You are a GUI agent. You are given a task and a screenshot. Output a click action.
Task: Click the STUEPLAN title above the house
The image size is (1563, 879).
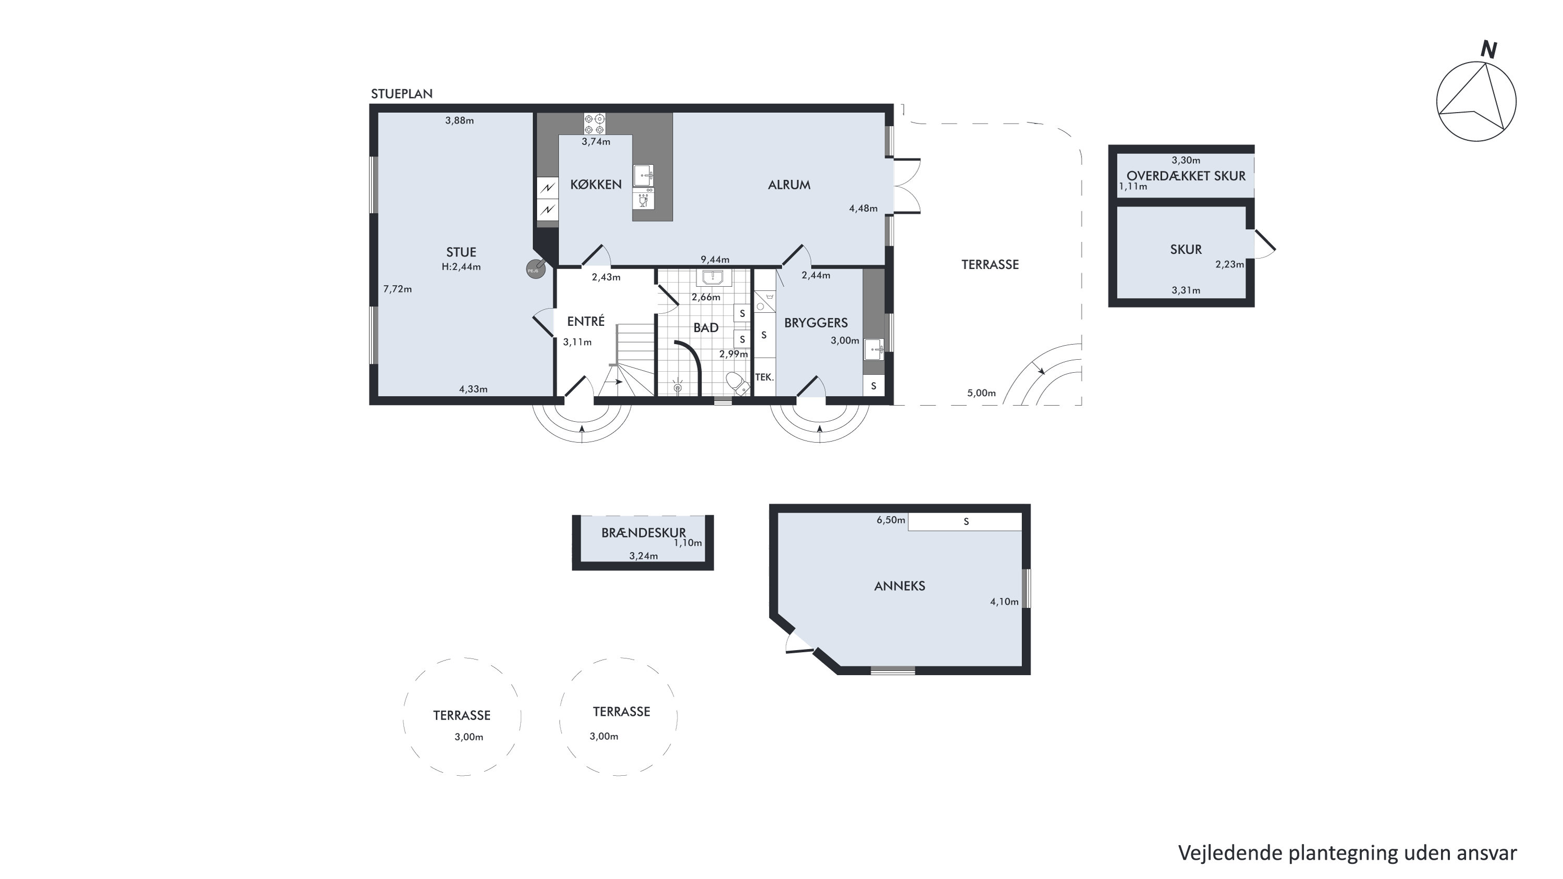(402, 93)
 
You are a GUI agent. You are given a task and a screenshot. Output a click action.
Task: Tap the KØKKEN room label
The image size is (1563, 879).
(596, 185)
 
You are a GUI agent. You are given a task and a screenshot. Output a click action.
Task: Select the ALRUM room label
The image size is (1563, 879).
(789, 185)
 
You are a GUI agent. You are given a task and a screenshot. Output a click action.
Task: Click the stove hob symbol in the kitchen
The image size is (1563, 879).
(594, 124)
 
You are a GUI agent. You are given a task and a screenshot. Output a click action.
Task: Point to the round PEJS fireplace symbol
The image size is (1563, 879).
(536, 269)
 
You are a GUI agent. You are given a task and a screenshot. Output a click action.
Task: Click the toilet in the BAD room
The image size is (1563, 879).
(736, 384)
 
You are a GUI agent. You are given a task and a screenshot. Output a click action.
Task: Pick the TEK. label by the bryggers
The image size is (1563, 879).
(765, 377)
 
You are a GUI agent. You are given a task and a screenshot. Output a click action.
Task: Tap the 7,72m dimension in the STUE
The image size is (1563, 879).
(398, 289)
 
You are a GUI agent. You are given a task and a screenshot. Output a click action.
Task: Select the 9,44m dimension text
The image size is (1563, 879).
(715, 259)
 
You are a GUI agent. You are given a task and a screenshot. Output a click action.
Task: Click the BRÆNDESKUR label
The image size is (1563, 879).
(643, 532)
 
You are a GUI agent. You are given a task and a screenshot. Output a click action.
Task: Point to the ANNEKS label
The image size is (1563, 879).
(899, 586)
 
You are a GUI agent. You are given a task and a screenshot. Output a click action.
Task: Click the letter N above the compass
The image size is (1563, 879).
(1488, 49)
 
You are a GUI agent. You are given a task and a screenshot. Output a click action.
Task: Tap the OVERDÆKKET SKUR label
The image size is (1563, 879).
(1186, 176)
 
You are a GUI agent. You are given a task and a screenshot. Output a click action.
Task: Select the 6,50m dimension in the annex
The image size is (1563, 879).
(891, 520)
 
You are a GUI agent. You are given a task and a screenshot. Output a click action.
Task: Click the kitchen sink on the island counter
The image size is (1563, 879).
(643, 176)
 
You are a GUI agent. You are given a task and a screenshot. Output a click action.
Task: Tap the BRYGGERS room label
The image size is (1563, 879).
(816, 323)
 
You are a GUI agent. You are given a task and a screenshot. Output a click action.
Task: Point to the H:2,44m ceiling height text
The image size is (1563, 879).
(461, 266)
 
